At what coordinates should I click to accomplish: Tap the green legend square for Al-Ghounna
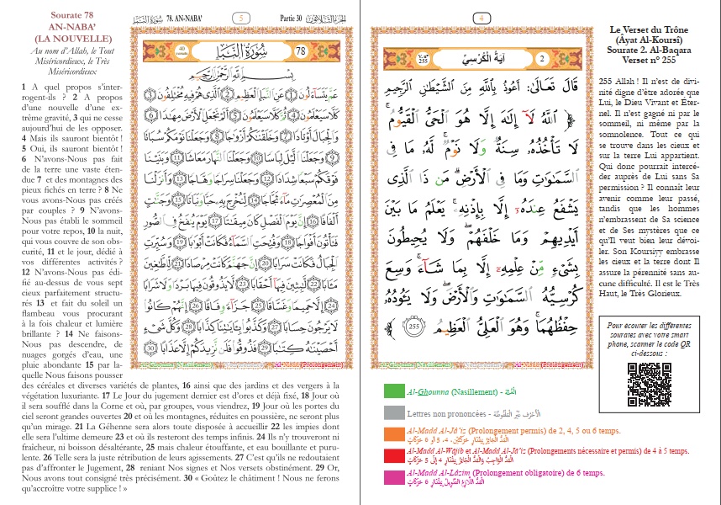click(x=392, y=391)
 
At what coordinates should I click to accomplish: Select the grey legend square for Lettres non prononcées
click(x=392, y=412)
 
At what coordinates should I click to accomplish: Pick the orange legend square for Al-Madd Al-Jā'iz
click(x=392, y=434)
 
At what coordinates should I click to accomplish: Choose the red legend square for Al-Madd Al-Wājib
click(x=392, y=455)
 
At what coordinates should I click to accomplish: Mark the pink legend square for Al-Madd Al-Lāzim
click(x=392, y=477)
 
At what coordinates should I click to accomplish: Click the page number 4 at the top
click(x=482, y=17)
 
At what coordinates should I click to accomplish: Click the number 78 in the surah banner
click(x=303, y=52)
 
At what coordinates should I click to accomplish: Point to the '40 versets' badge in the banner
click(x=159, y=52)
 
